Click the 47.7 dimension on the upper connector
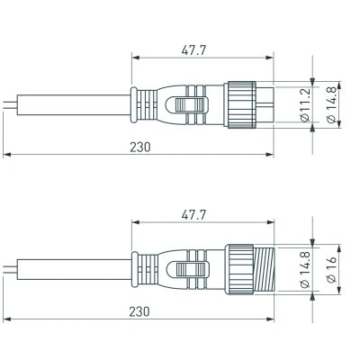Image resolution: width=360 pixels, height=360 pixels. coord(193,50)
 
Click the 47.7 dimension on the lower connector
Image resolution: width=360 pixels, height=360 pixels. coord(193,215)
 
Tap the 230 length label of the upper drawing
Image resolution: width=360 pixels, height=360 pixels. coord(140,147)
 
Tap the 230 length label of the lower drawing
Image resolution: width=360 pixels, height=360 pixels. coord(139,311)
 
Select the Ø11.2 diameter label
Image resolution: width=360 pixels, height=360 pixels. coord(305,106)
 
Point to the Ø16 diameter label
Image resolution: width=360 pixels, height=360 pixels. coord(331,270)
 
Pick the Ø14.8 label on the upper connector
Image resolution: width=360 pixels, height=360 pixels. coord(331,106)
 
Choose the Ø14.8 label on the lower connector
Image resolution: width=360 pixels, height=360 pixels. coord(305,270)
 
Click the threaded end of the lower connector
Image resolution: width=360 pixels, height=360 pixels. coord(264,270)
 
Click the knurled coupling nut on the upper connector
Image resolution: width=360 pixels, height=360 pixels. coord(242,104)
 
